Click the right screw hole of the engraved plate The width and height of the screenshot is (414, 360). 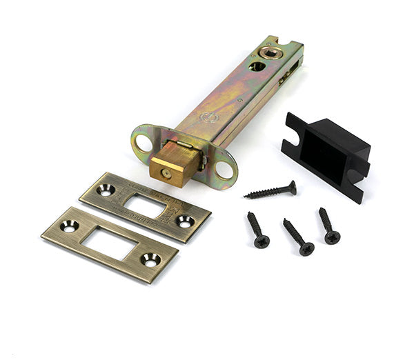click(184, 221)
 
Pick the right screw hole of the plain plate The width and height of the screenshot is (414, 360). click(150, 260)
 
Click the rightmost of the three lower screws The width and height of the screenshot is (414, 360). click(328, 226)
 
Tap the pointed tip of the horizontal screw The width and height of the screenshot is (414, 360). click(246, 197)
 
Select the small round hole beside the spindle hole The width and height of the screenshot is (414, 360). click(256, 66)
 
